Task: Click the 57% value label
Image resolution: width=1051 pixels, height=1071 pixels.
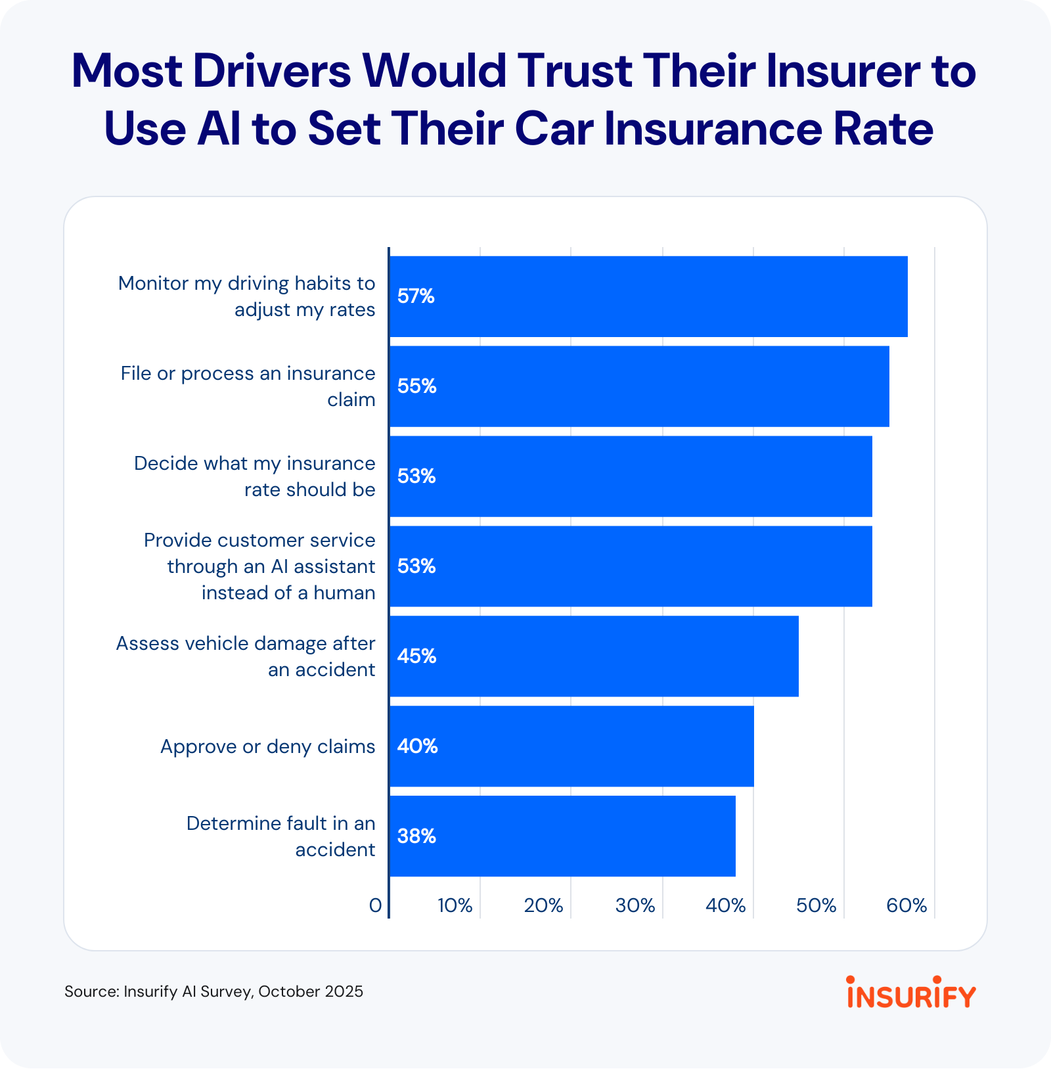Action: tap(416, 296)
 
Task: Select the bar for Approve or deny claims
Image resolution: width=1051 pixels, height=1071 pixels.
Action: tap(571, 746)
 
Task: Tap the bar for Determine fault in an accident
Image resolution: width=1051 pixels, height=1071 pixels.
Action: tap(562, 836)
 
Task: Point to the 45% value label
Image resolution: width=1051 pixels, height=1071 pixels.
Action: tap(416, 656)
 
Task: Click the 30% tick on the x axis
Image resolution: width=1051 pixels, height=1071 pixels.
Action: tap(635, 905)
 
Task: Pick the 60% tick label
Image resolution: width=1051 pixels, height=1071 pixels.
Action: tap(906, 905)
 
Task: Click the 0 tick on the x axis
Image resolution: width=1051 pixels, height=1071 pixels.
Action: tap(375, 905)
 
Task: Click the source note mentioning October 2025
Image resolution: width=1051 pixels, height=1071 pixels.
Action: tap(213, 991)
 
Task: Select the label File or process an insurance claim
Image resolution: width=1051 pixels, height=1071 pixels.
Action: tap(248, 386)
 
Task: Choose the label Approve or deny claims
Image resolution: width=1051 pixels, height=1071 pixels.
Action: tap(267, 746)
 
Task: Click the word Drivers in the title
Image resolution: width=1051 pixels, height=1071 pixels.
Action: tap(272, 71)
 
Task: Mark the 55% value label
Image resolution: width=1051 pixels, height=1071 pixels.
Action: tap(416, 386)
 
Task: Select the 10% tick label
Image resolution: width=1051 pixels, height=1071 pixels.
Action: tap(455, 905)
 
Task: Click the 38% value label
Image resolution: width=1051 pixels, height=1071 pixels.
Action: tap(416, 836)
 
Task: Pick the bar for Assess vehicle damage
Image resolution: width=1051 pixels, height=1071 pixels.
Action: tap(594, 656)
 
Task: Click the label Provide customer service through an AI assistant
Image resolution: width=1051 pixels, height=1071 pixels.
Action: tap(259, 566)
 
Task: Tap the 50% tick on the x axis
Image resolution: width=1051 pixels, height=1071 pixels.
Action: tap(816, 905)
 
